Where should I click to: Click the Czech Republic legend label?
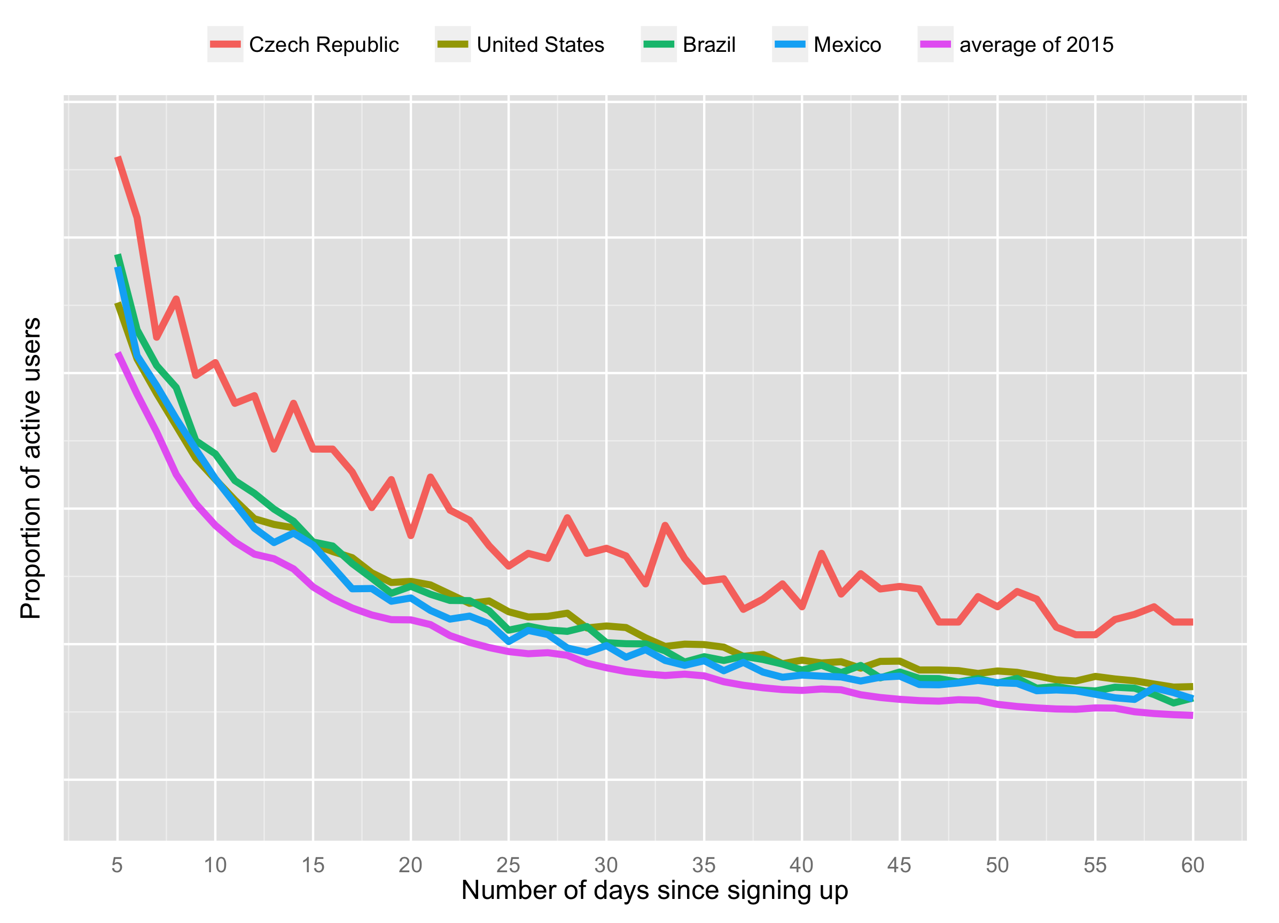click(x=324, y=45)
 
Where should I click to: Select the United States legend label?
click(x=540, y=45)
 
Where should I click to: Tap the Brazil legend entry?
click(x=708, y=45)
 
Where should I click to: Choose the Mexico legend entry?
click(x=846, y=45)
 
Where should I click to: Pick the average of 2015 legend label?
click(x=1036, y=45)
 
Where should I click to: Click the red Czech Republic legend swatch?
click(x=225, y=44)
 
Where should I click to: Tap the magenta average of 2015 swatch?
click(x=934, y=44)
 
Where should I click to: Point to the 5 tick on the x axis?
click(x=118, y=865)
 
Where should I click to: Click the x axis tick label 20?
click(x=410, y=865)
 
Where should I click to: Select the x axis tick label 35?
click(x=704, y=865)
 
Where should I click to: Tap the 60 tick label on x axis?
click(x=1192, y=865)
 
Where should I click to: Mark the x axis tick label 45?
click(x=899, y=865)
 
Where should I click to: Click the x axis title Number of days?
click(x=654, y=890)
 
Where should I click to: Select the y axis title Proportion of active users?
click(x=30, y=468)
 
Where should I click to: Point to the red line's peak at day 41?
click(x=821, y=554)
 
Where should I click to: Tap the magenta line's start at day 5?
click(x=118, y=354)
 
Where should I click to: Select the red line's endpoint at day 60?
click(x=1192, y=622)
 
